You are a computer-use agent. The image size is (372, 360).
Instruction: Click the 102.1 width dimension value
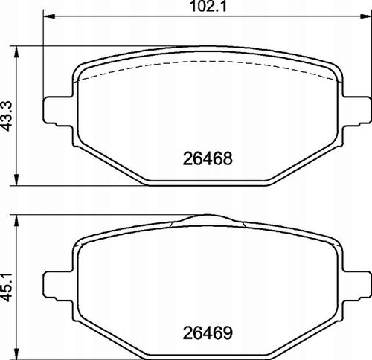[x=208, y=7]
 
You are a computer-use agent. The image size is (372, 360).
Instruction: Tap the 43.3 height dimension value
[x=7, y=116]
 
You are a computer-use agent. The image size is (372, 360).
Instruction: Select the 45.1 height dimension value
[x=7, y=287]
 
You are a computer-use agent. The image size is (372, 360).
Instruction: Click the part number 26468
[x=208, y=158]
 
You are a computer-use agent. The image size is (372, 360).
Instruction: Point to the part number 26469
[x=208, y=333]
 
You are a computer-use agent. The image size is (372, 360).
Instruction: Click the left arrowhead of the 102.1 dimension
[x=49, y=16]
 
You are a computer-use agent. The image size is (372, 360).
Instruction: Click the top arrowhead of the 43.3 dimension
[x=16, y=52]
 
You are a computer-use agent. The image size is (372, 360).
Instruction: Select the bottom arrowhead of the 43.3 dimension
[x=16, y=180]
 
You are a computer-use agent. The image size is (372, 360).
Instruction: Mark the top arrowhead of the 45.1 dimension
[x=16, y=220]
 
